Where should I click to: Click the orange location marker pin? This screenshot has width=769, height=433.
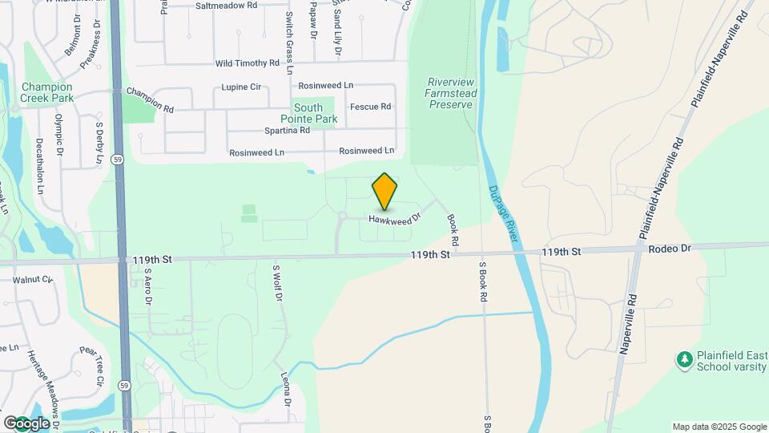click(385, 192)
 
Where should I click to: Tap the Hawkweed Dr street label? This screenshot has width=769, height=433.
click(395, 217)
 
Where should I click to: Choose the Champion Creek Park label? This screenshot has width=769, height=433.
click(47, 92)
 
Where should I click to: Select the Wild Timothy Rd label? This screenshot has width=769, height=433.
click(247, 63)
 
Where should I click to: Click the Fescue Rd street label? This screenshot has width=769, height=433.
click(370, 107)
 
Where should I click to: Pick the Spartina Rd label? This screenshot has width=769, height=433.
click(287, 130)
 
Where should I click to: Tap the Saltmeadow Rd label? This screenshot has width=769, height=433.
click(226, 5)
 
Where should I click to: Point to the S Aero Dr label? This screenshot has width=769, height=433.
click(148, 286)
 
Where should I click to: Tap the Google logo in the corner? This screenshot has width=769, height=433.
click(26, 423)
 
